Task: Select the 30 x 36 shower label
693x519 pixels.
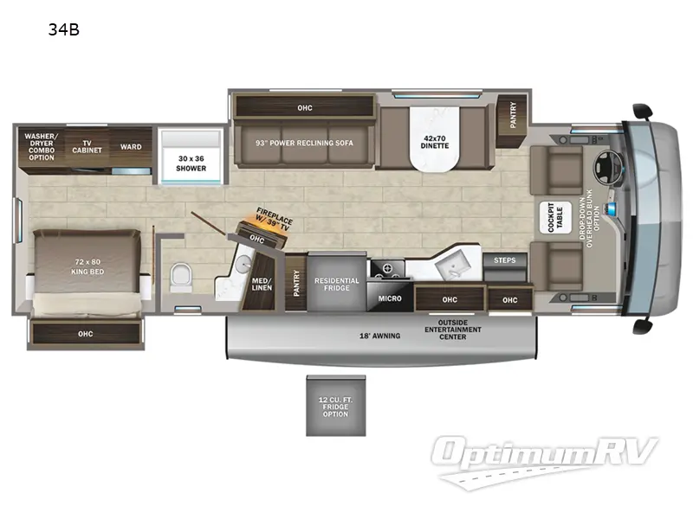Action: (x=191, y=163)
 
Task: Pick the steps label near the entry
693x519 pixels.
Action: (x=505, y=259)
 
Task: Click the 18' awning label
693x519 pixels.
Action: (x=379, y=336)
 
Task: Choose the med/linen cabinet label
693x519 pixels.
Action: (x=262, y=284)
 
